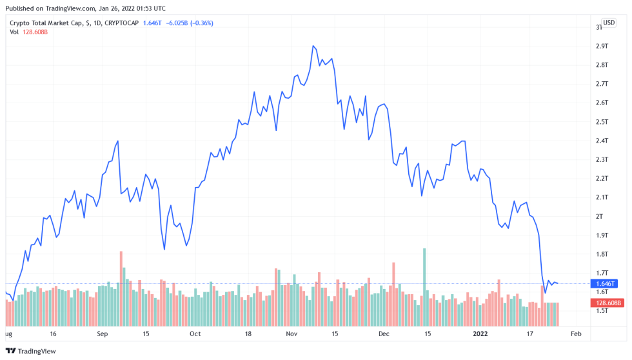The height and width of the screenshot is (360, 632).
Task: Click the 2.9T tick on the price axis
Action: click(x=602, y=46)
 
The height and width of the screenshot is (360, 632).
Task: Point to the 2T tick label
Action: click(x=599, y=216)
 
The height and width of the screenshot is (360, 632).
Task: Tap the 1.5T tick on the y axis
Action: click(x=602, y=311)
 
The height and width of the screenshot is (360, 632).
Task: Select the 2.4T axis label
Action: click(x=602, y=141)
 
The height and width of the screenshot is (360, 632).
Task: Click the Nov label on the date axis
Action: click(x=291, y=334)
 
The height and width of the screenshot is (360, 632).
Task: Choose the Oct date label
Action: click(x=195, y=334)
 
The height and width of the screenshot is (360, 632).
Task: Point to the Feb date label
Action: click(x=576, y=334)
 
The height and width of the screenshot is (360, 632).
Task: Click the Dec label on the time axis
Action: click(x=384, y=334)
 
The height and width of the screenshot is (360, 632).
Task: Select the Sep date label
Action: click(x=102, y=334)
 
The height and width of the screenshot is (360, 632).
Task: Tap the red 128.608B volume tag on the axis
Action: click(x=608, y=303)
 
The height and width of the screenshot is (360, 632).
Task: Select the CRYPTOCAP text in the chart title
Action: click(x=121, y=23)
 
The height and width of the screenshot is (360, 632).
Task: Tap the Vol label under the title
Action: click(x=14, y=32)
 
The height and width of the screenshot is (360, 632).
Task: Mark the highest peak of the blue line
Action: click(x=313, y=46)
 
